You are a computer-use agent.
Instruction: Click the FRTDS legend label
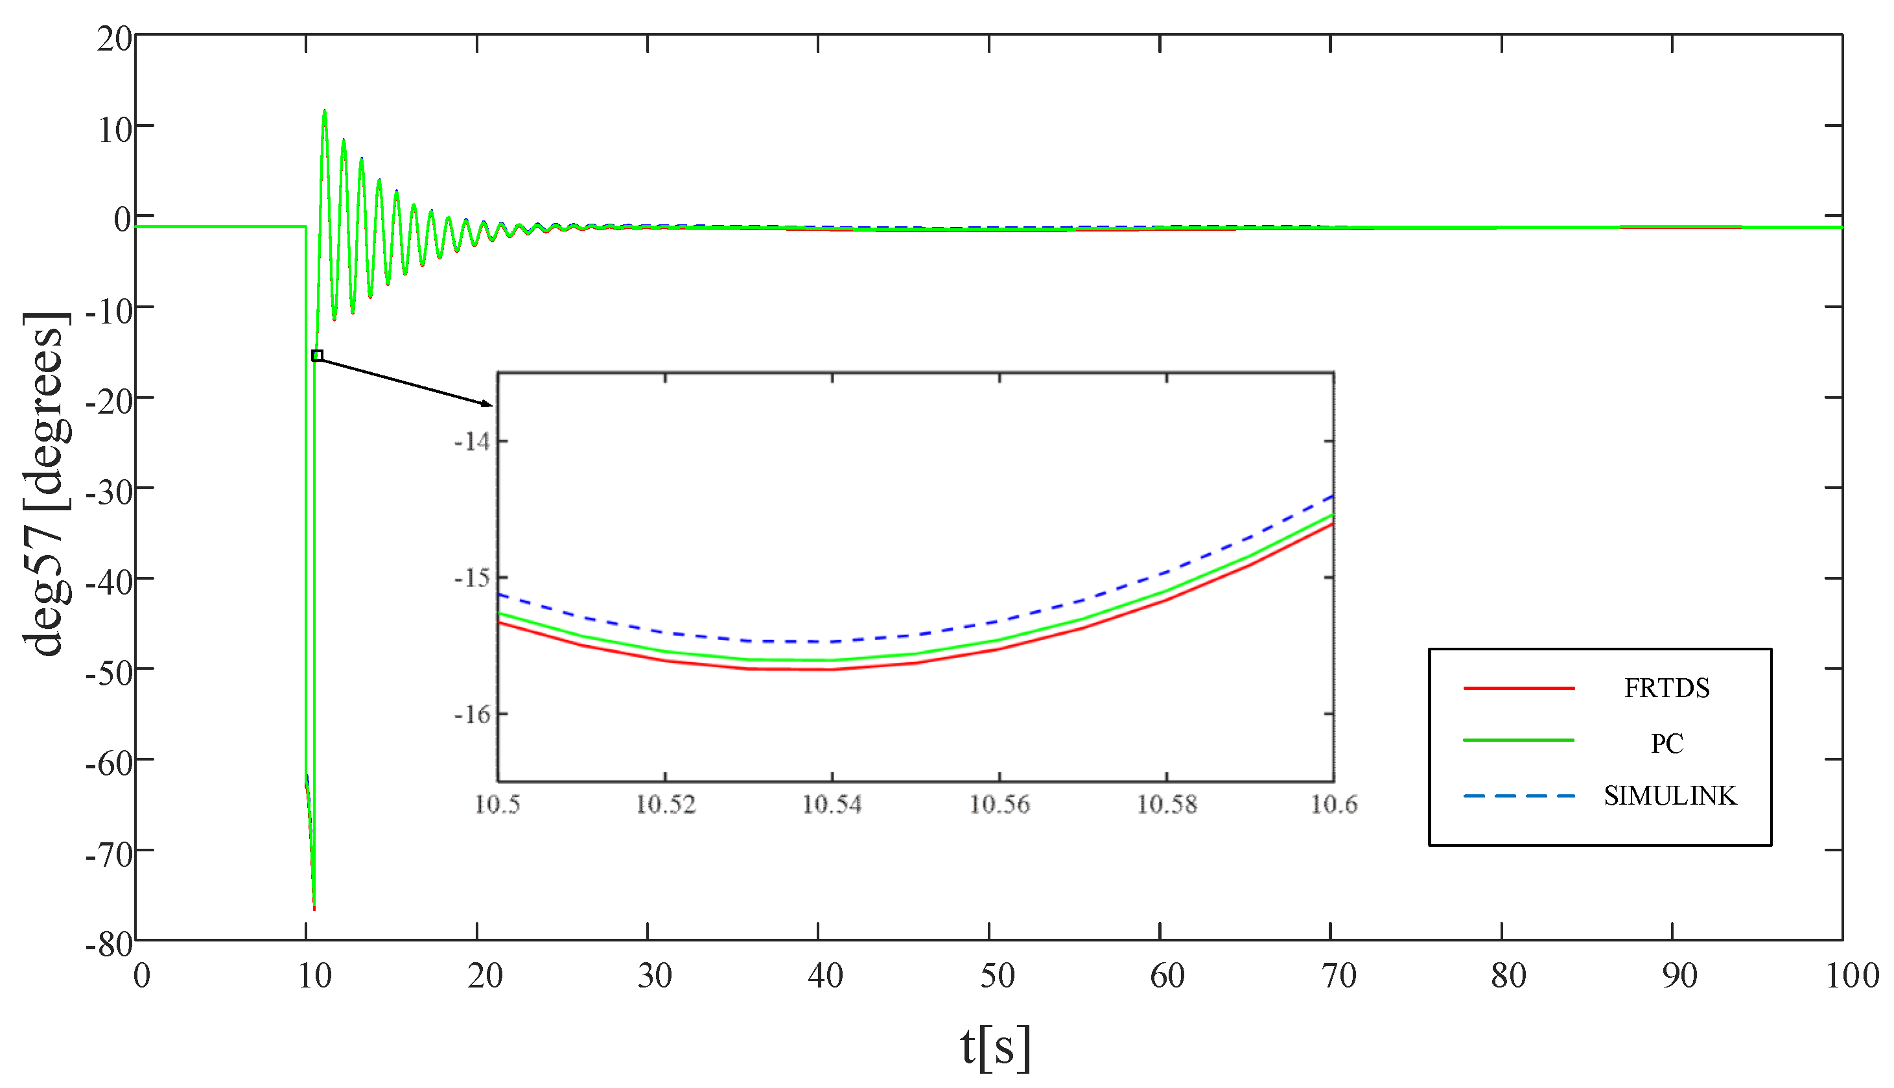coord(1666,688)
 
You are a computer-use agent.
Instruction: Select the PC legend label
coord(1666,744)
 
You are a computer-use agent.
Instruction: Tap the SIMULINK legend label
coord(1670,796)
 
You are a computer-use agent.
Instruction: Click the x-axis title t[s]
coord(995,1046)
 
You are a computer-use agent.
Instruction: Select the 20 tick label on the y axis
coord(114,39)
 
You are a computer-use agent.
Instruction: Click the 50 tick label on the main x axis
coord(997,976)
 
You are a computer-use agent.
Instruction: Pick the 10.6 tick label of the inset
coord(1334,805)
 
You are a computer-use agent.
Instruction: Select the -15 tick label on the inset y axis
coord(472,578)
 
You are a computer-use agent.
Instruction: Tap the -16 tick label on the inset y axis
coord(472,715)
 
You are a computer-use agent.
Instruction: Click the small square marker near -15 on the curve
coord(318,356)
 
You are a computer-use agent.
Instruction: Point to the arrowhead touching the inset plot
coord(487,404)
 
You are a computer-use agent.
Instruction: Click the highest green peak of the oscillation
coord(324,112)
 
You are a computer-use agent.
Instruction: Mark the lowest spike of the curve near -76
coord(314,906)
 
